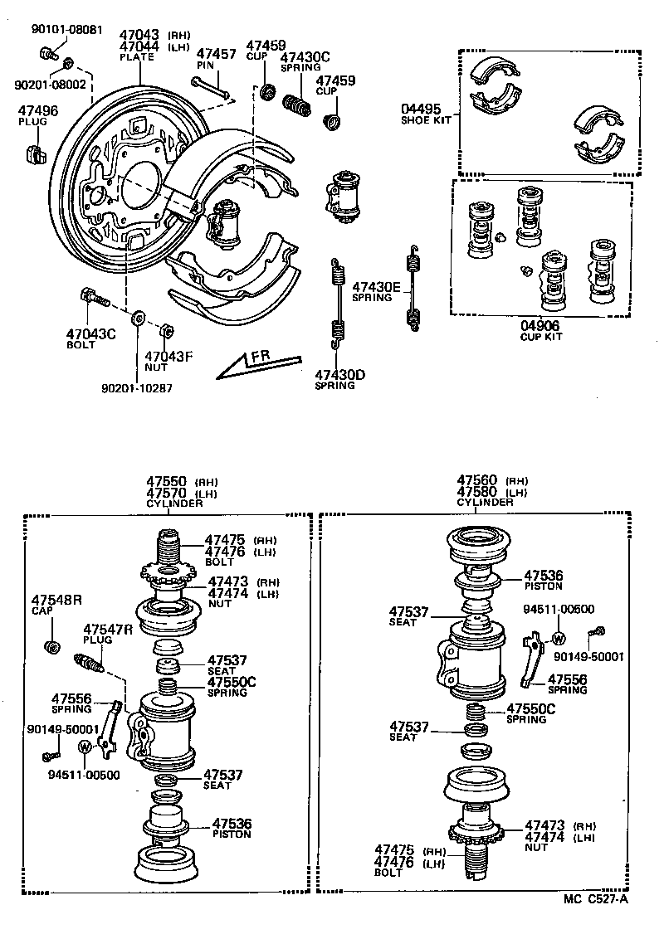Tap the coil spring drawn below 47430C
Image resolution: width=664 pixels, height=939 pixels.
(296, 105)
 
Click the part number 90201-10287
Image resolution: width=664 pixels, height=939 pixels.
(137, 387)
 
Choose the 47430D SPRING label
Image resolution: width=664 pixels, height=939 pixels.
(339, 380)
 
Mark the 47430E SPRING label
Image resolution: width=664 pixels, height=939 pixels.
(376, 291)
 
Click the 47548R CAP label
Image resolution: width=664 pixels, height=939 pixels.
(56, 605)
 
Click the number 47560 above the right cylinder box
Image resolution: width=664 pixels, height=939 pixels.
(477, 481)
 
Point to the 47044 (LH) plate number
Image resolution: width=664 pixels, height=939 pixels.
(139, 46)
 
